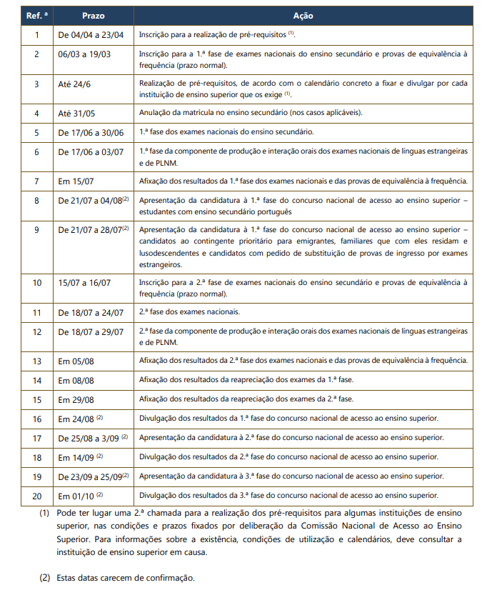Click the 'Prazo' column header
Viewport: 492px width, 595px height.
point(92,16)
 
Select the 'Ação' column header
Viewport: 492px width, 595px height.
point(303,16)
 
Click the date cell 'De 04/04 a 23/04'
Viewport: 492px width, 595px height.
point(91,34)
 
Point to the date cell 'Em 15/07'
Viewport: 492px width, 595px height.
point(75,181)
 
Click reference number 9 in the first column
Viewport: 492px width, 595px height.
point(36,231)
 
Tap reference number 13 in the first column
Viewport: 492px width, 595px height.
point(36,361)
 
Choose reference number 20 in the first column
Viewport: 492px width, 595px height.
point(36,495)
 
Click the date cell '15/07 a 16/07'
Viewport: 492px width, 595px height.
point(84,283)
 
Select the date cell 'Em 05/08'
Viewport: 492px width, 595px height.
point(75,361)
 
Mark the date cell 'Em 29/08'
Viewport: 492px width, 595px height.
point(75,399)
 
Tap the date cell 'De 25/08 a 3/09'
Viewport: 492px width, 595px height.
point(89,437)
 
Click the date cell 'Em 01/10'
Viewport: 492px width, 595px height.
point(75,495)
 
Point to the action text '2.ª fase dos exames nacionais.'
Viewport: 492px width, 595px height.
point(189,312)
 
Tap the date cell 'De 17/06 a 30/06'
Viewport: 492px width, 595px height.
point(91,132)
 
